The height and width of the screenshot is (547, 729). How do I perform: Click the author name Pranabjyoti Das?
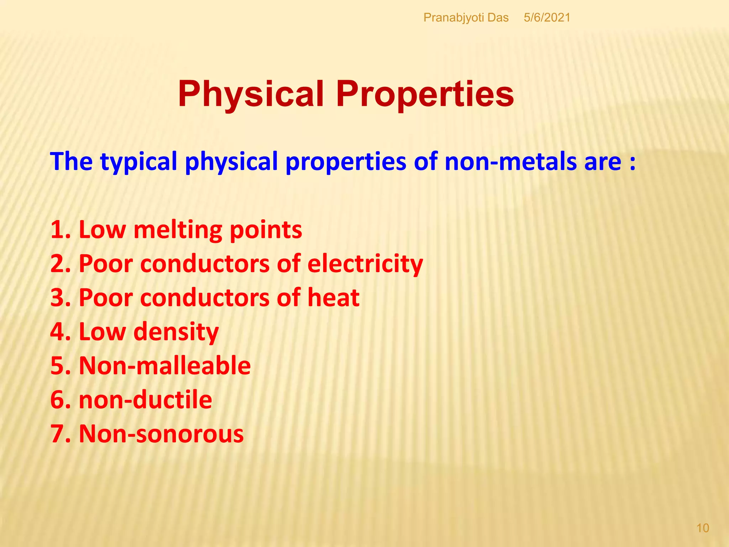(x=466, y=17)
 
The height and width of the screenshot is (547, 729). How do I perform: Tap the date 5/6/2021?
(x=547, y=17)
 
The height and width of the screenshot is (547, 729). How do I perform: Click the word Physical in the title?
(x=251, y=94)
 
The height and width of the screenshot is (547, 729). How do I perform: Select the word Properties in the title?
(x=425, y=94)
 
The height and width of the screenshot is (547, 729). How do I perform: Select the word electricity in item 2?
(x=365, y=264)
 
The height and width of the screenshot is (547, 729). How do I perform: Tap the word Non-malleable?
(x=164, y=366)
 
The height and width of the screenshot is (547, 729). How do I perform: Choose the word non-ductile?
(x=145, y=400)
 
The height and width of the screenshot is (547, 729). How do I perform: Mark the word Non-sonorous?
(x=161, y=434)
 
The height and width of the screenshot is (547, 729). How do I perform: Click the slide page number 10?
(x=703, y=528)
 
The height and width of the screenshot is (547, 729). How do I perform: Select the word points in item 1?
(x=266, y=230)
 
